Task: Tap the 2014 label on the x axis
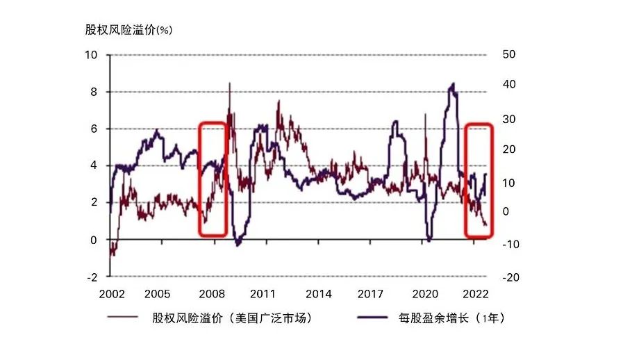pos(317,294)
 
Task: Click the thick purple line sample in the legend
pos(373,319)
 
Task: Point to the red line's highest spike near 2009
pos(230,83)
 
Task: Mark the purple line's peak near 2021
pos(453,84)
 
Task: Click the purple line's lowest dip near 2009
pos(238,244)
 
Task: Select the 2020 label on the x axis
pos(424,294)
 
